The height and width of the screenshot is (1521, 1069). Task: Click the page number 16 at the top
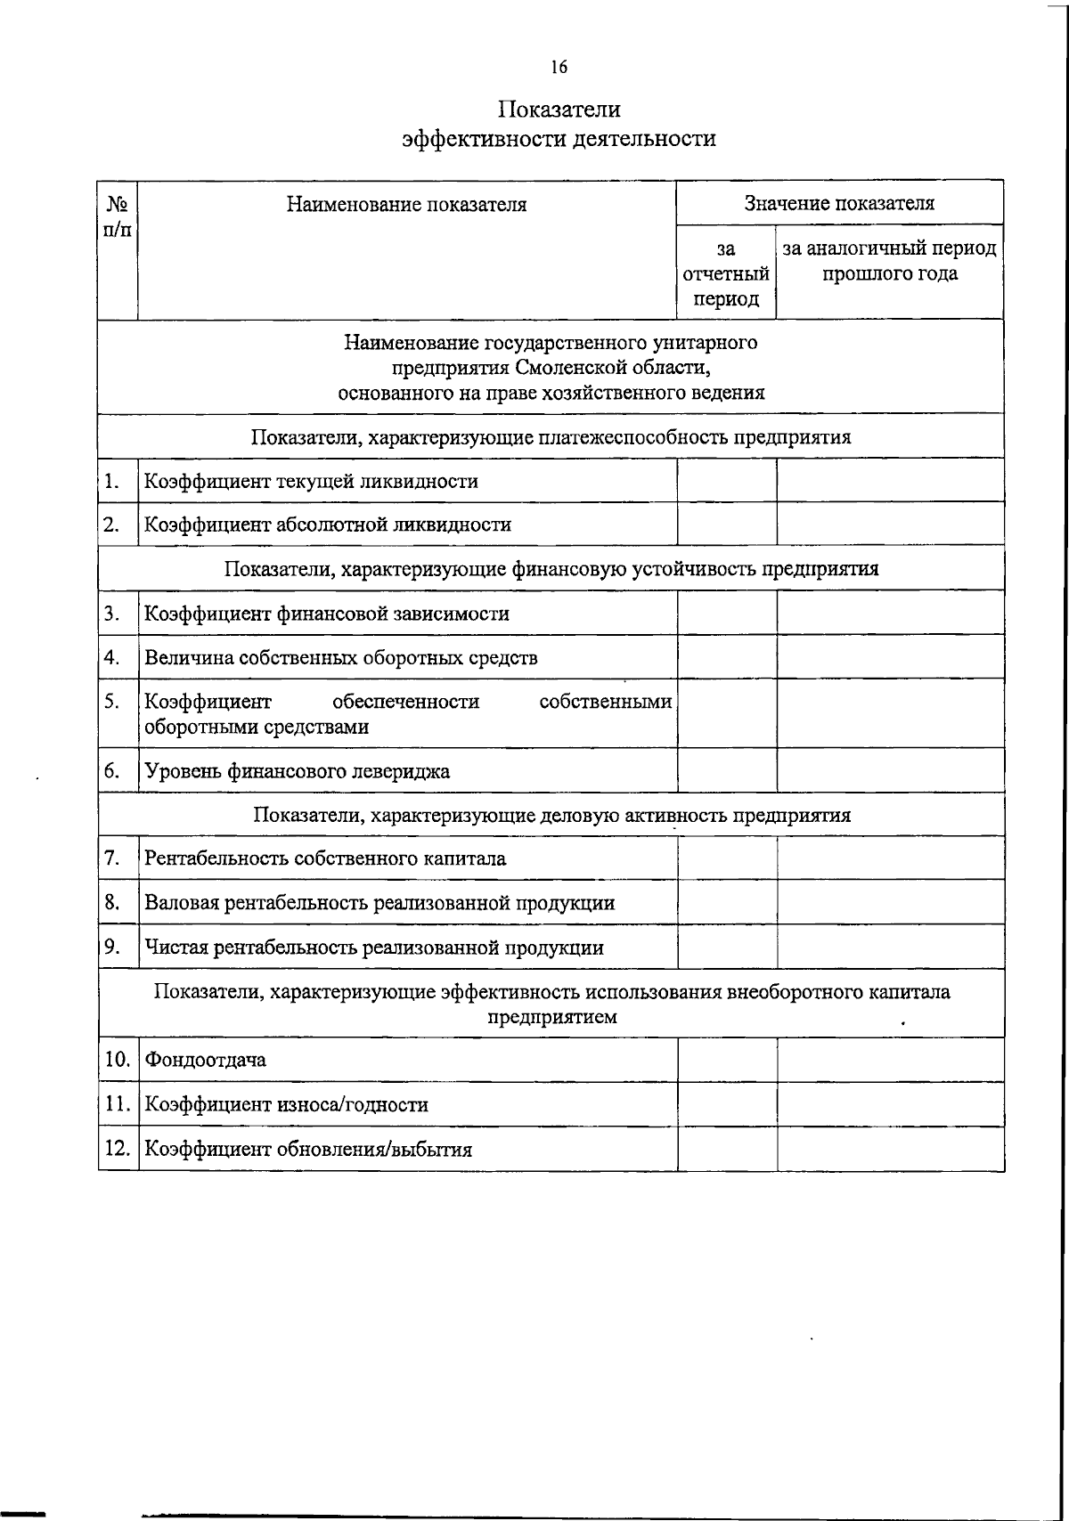tap(559, 67)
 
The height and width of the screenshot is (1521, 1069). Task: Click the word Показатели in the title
tap(559, 110)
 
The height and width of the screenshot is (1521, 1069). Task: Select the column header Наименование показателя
tap(406, 205)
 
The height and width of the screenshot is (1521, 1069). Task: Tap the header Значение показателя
tap(839, 203)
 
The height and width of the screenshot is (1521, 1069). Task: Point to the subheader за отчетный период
tap(726, 273)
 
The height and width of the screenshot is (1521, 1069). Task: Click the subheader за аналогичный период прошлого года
tap(889, 261)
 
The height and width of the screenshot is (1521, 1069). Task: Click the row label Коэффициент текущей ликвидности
tap(312, 482)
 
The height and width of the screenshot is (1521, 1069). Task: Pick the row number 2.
tap(111, 525)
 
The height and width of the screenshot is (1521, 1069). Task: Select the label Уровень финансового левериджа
tap(298, 771)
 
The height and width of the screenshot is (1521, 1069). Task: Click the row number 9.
tap(111, 947)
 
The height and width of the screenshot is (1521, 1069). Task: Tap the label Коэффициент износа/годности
tap(287, 1105)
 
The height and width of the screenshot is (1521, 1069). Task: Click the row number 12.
tap(118, 1149)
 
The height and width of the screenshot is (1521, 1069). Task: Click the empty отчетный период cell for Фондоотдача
tap(726, 1060)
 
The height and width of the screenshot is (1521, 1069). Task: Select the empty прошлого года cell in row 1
tap(889, 481)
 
